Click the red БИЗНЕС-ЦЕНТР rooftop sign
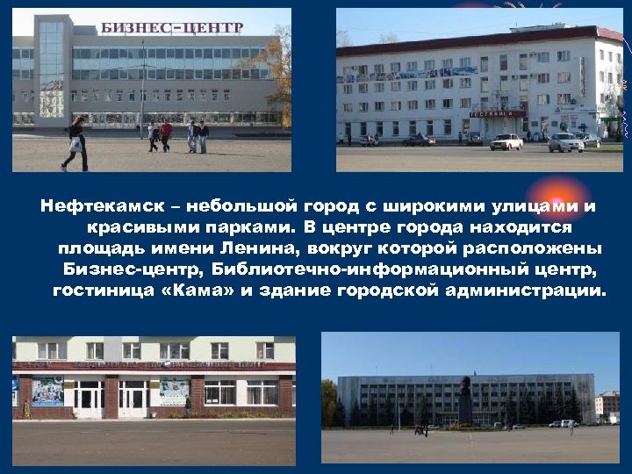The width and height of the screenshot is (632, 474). click(x=171, y=27)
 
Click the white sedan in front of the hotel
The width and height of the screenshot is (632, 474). click(x=506, y=141)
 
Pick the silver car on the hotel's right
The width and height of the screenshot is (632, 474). click(x=566, y=142)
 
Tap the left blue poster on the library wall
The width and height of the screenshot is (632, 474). click(x=48, y=391)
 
